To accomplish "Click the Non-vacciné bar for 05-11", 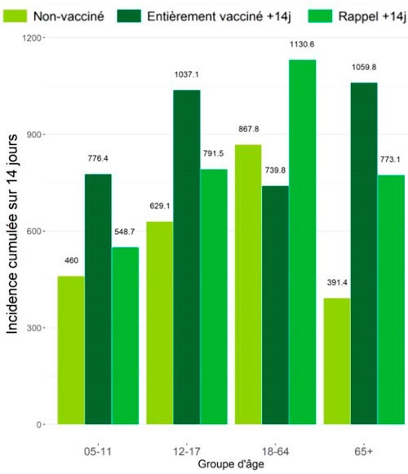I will (x=71, y=350).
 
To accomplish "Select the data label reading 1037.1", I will (x=187, y=75).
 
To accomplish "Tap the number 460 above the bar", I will (x=71, y=261).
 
